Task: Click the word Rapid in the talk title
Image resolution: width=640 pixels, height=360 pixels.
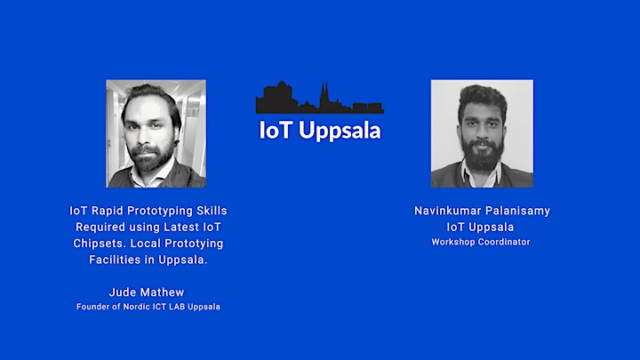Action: [x=107, y=211]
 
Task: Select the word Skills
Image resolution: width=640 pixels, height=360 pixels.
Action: [x=212, y=211]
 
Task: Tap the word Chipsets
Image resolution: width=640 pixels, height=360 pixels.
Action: [x=100, y=244]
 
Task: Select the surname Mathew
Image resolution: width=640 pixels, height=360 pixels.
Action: [x=163, y=292]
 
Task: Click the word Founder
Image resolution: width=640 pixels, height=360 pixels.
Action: [x=90, y=307]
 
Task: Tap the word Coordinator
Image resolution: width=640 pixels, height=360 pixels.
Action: [x=504, y=242]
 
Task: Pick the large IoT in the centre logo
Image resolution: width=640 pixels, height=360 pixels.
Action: [x=276, y=130]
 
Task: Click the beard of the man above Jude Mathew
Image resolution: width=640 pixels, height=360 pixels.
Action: [x=149, y=157]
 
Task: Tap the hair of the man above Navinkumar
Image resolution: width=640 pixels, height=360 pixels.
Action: [x=483, y=98]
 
